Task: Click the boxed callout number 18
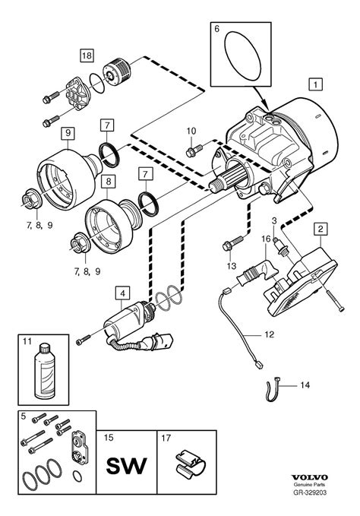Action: [x=87, y=55]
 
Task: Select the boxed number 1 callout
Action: [x=316, y=84]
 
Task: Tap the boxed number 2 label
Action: [x=321, y=229]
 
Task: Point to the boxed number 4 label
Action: [x=122, y=293]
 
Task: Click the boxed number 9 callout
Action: [x=68, y=133]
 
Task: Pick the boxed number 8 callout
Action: [x=109, y=181]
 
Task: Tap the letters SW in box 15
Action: [x=126, y=465]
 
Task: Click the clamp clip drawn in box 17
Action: [x=190, y=464]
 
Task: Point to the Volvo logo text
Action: [x=310, y=477]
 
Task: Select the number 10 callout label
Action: [x=191, y=131]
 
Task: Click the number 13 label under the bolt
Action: [x=232, y=266]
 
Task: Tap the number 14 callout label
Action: [x=305, y=385]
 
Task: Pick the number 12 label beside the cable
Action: [x=269, y=334]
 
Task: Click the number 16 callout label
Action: [x=266, y=239]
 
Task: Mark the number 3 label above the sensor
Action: [x=274, y=220]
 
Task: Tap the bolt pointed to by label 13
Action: [x=233, y=242]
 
